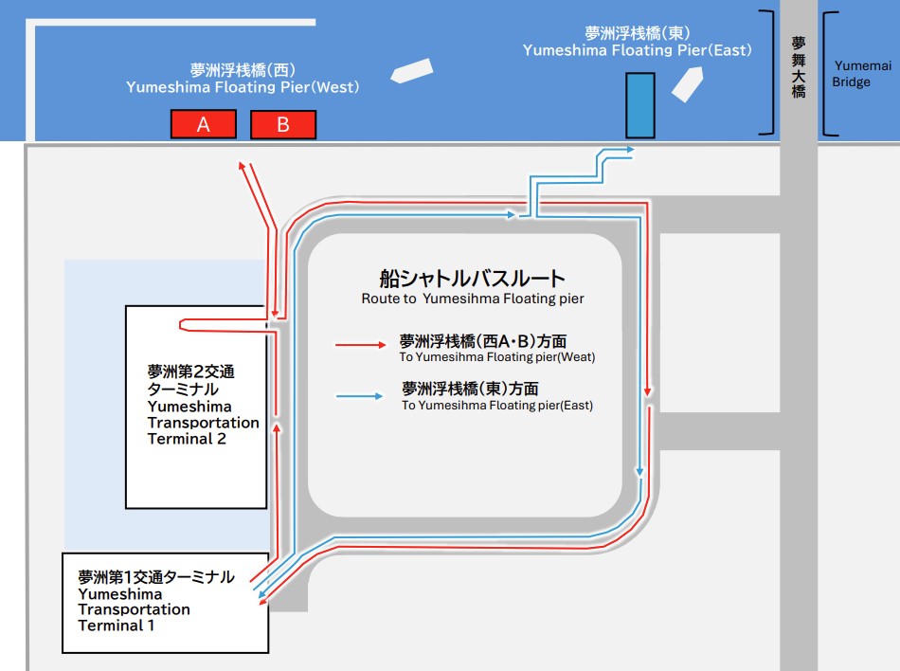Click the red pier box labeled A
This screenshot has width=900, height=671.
pos(203,124)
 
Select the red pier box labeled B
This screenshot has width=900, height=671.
pos(282,124)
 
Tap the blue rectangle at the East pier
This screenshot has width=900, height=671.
pos(639,104)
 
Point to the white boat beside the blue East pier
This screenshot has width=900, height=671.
pos(687,83)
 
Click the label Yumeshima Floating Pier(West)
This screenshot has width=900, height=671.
pos(243,87)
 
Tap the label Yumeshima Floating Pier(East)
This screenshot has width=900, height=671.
pos(637,50)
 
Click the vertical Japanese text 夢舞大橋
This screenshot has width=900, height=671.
pos(799,66)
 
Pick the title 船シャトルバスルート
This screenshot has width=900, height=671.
pos(472,279)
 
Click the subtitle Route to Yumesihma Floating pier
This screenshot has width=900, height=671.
pos(472,299)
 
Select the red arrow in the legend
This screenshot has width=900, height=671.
pos(359,346)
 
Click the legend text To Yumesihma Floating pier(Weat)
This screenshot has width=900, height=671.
pos(497,357)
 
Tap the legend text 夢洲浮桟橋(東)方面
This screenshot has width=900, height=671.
pos(470,389)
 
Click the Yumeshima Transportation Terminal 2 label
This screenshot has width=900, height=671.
pos(203,407)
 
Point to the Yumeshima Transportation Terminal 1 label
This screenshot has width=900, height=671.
pos(156,601)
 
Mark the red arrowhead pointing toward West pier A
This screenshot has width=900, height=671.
pos(243,166)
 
